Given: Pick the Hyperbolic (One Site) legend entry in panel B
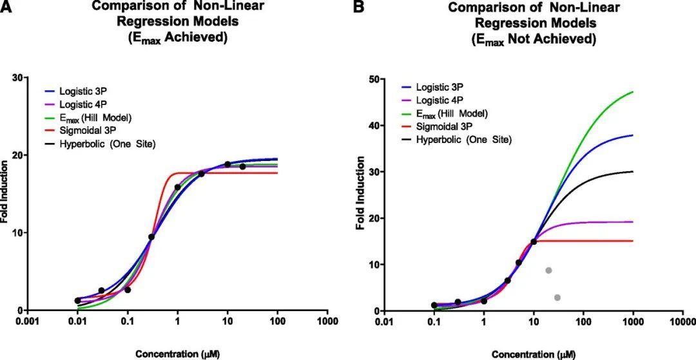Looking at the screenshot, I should tap(464, 139).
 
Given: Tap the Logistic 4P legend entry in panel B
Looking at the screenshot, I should tap(440, 100).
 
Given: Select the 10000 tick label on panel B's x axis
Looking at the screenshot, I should tap(683, 321).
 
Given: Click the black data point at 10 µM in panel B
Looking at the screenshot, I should tap(534, 242).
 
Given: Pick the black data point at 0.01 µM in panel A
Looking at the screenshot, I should tap(77, 301).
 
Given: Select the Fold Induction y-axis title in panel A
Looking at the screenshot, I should tap(5, 194).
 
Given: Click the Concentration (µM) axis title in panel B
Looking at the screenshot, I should tap(533, 354).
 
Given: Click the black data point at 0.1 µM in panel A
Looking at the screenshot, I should tap(128, 290).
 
